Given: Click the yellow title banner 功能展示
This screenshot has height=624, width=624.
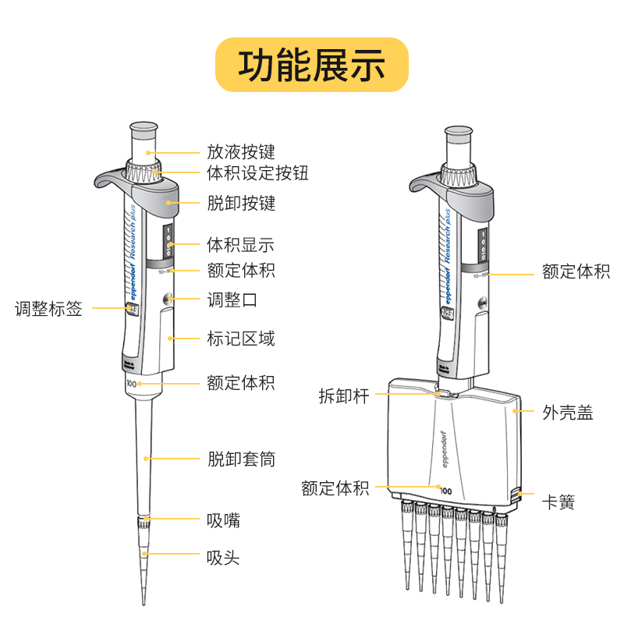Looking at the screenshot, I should [312, 65].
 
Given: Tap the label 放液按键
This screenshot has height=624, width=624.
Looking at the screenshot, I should [240, 151].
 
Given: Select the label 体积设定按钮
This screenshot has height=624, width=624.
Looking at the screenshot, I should [257, 172].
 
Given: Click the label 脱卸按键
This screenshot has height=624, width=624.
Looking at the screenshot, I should [240, 204].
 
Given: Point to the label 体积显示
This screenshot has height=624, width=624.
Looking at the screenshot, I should [240, 245].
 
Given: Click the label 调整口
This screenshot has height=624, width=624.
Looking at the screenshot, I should [232, 299].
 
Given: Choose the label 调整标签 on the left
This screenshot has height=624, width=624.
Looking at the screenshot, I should [48, 308].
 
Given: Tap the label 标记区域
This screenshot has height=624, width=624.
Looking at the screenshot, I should [240, 339].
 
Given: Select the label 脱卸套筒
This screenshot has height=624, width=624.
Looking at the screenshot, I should [240, 459].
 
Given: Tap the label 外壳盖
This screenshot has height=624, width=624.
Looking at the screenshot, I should [568, 413].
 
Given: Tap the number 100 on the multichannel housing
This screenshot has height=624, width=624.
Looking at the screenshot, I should [445, 491].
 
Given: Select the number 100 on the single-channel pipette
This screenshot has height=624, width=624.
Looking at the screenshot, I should [131, 384].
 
